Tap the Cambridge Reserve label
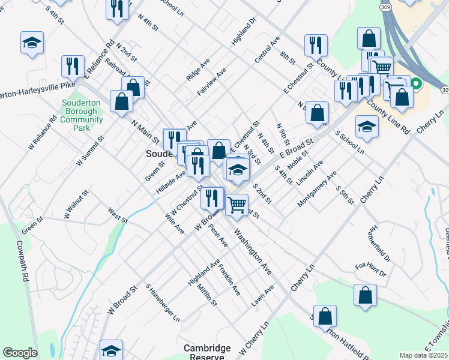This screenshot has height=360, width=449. click(207, 352)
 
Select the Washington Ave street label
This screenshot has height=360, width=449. click(253, 251)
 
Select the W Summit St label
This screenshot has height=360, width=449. click(91, 151)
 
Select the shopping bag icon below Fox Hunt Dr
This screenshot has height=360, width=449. click(365, 295)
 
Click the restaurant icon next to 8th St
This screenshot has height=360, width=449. click(316, 45)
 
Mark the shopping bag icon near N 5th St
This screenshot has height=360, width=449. click(317, 112)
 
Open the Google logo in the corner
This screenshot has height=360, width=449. click(20, 353)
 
